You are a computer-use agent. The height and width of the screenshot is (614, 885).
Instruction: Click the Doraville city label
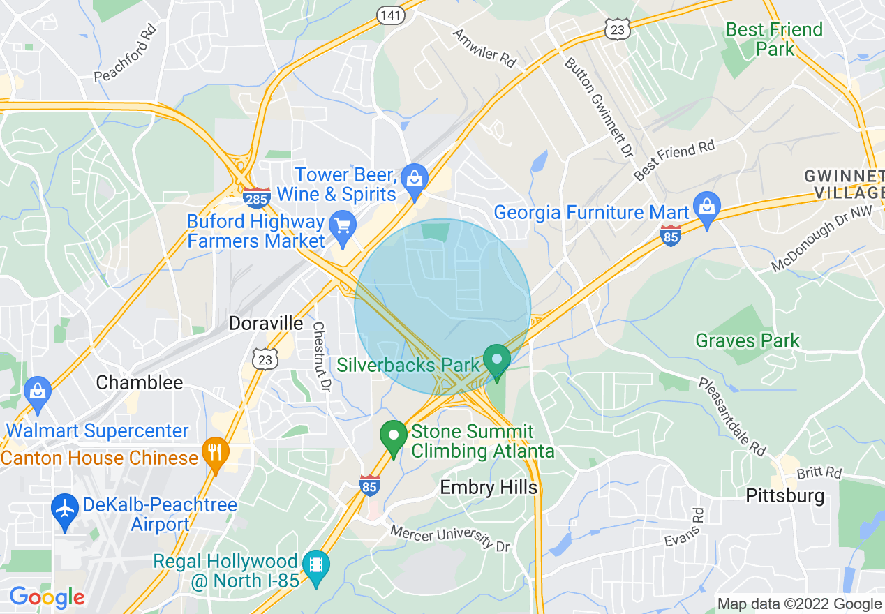point(267,323)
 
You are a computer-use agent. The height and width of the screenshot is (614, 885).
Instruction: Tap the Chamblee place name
point(140,382)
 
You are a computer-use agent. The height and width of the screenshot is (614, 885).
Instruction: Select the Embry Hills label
point(489,487)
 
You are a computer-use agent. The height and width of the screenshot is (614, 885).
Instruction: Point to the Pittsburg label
point(785,496)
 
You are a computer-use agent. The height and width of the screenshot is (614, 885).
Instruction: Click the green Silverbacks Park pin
point(497,360)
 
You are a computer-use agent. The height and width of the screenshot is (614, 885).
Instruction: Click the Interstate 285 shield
point(257,197)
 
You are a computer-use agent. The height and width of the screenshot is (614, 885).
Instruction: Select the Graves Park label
point(748,340)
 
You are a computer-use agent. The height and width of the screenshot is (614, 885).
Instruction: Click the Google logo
point(47,597)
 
